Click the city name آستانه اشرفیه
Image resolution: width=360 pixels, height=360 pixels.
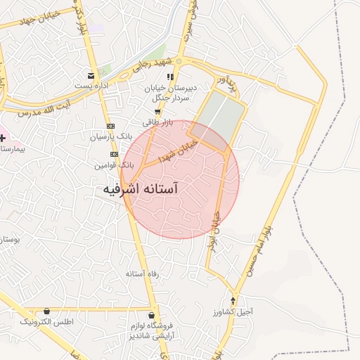pyautogui.click(x=140, y=190)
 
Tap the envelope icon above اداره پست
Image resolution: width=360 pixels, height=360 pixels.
pyautogui.click(x=91, y=75)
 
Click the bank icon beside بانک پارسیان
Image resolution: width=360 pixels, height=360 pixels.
pyautogui.click(x=110, y=127)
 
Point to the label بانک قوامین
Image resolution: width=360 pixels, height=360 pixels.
pyautogui.click(x=110, y=165)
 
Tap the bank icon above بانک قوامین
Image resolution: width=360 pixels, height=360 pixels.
pyautogui.click(x=114, y=155)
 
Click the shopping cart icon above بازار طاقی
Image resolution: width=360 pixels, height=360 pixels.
pyautogui.click(x=157, y=112)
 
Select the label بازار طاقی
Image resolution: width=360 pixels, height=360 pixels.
pyautogui.click(x=157, y=122)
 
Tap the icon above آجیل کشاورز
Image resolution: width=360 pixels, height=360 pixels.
pyautogui.click(x=233, y=301)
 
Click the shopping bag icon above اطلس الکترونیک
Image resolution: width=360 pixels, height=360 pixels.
pyautogui.click(x=47, y=311)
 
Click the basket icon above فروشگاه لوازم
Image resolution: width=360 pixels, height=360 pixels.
pyautogui.click(x=152, y=314)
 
